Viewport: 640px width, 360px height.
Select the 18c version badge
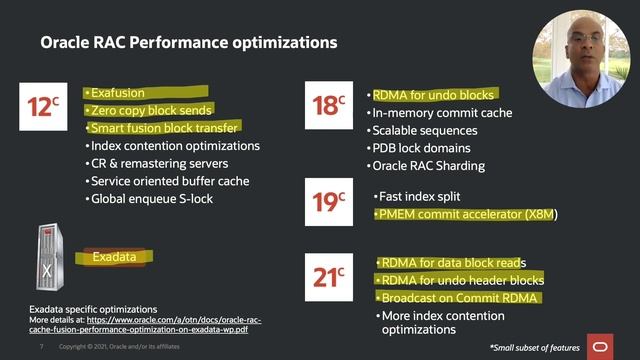click(x=329, y=103)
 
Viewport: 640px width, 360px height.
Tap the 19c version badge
click(x=329, y=202)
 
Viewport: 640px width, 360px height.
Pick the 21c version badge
click(x=329, y=271)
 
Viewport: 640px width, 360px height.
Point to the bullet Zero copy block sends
click(x=150, y=110)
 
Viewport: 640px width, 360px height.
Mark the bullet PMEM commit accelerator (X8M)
click(x=466, y=215)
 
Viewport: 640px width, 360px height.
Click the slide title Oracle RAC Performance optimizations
click(x=188, y=44)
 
